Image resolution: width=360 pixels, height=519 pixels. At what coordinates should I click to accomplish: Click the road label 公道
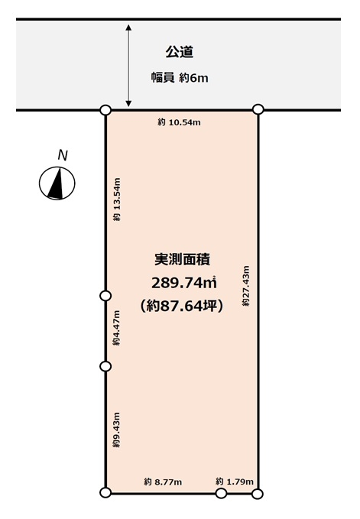pos(180,52)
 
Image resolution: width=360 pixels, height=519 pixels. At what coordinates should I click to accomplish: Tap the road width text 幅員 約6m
pos(180,77)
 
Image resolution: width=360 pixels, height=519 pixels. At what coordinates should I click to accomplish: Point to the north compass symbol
pos(57,183)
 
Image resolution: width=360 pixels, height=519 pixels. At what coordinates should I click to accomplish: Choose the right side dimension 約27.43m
pos(246,286)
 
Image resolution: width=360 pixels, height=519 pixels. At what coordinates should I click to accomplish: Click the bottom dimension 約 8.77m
pos(163,482)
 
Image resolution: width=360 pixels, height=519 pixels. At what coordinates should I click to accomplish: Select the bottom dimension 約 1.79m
pos(234,482)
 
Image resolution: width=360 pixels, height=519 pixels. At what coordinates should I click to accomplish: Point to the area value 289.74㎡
pos(183,283)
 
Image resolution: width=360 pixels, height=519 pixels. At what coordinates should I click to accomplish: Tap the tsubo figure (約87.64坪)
pos(182,307)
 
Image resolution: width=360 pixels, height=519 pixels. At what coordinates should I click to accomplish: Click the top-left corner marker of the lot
pos(105,110)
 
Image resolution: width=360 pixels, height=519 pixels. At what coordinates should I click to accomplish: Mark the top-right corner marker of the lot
pos(258,110)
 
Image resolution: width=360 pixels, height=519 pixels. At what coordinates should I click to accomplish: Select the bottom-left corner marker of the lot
pos(105,494)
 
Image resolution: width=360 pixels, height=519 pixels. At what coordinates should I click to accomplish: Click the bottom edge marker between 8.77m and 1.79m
pos(222,494)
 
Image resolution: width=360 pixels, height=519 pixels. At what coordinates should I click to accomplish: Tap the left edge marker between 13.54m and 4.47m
pos(105,296)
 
